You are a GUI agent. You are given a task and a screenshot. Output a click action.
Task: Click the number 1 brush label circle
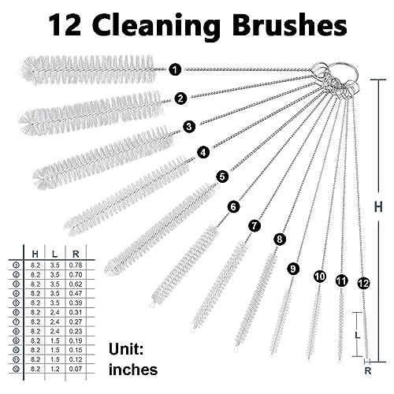174,70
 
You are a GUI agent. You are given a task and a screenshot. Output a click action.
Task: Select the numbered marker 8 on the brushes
280,239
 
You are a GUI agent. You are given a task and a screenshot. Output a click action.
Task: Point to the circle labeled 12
362,281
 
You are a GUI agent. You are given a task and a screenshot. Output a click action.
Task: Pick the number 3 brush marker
189,125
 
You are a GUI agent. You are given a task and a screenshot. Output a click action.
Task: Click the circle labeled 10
319,277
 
